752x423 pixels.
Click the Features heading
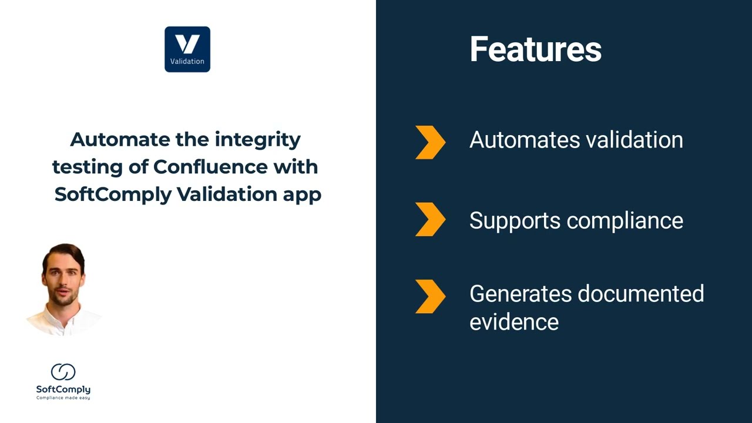click(x=535, y=49)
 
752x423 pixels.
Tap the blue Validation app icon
click(x=187, y=49)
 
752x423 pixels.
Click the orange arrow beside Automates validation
click(x=430, y=142)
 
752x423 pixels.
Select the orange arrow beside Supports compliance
click(x=430, y=219)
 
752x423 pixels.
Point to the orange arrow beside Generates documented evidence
click(x=430, y=296)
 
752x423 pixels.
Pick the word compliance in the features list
click(x=625, y=221)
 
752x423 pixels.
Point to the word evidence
click(x=513, y=322)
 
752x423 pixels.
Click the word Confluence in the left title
click(x=210, y=167)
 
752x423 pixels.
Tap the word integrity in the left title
click(x=257, y=140)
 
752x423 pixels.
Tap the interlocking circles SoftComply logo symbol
click(x=63, y=372)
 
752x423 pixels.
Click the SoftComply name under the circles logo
click(x=63, y=390)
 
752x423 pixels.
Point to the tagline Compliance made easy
click(x=63, y=398)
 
